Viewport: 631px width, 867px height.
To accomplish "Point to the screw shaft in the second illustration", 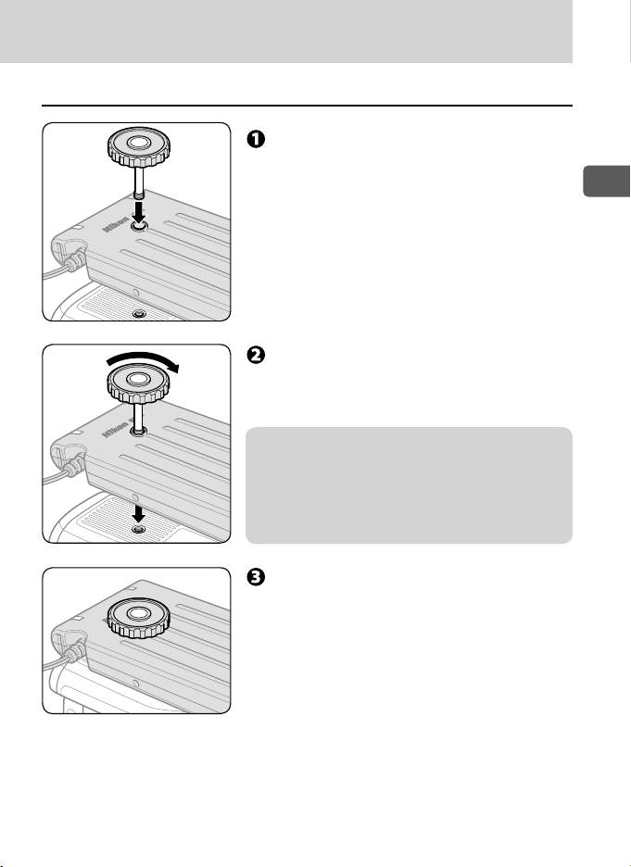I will coord(136,415).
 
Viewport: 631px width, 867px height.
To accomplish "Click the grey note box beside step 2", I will coord(408,484).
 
